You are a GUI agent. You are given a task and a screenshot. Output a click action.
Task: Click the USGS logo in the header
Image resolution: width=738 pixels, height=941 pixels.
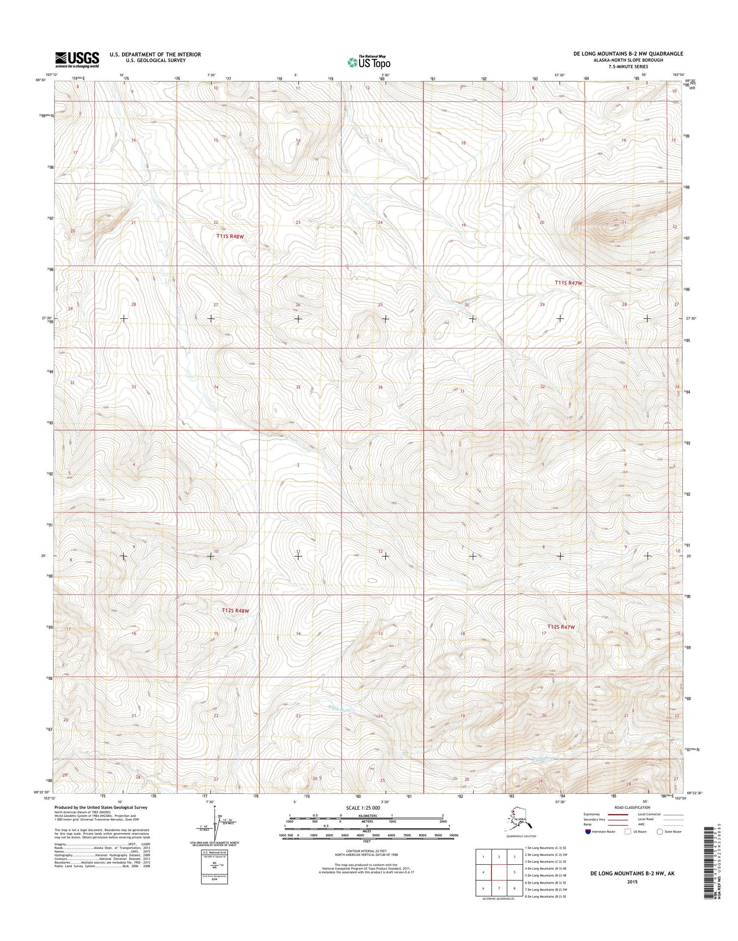click(77, 60)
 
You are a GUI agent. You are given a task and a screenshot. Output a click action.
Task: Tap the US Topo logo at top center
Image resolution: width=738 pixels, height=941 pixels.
click(369, 62)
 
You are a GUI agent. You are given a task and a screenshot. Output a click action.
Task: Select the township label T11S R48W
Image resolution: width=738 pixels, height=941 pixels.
click(230, 236)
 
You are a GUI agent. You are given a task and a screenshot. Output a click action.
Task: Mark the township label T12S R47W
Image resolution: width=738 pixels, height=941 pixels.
click(561, 627)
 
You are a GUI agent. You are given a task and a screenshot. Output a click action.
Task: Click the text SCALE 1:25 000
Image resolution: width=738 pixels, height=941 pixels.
click(367, 808)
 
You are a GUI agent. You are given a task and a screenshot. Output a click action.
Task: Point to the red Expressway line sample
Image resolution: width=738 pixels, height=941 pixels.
click(619, 815)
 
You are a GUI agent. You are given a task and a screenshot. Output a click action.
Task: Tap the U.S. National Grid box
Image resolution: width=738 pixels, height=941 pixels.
click(214, 864)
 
